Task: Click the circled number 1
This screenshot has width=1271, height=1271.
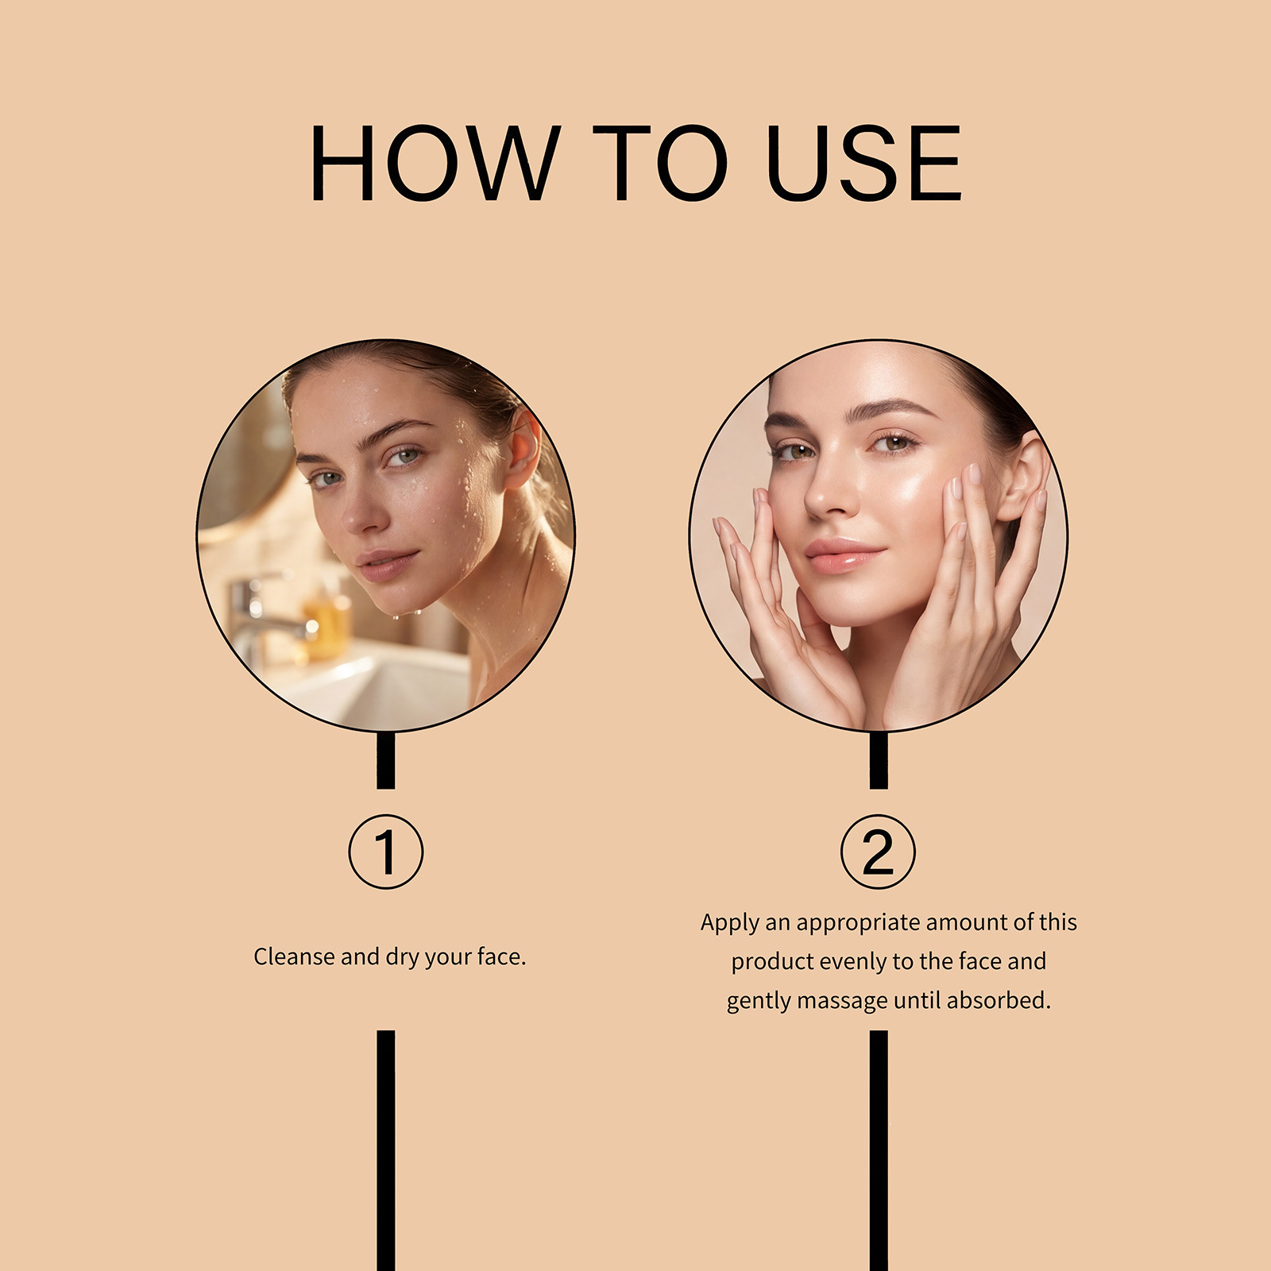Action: tap(386, 852)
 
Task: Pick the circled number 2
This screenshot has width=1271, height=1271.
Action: tap(878, 852)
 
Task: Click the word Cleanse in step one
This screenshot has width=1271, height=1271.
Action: tap(294, 956)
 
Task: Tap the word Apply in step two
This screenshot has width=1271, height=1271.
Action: tap(730, 923)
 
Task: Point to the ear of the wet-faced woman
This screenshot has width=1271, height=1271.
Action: tap(522, 450)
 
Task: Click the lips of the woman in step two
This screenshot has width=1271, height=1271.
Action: tap(844, 556)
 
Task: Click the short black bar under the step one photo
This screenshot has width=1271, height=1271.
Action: tap(386, 760)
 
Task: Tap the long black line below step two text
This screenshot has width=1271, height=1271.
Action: tap(879, 1150)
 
